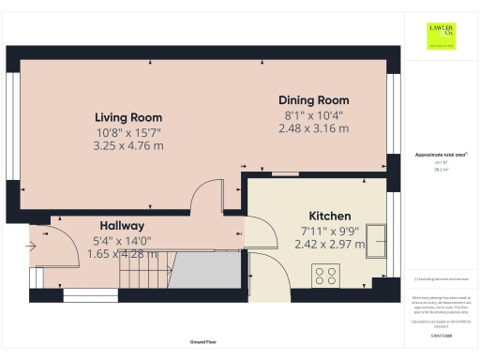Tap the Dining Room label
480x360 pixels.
(313, 100)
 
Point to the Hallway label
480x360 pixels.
(122, 226)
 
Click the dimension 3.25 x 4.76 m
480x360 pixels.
(129, 146)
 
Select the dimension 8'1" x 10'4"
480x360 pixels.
(313, 114)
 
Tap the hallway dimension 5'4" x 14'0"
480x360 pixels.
(122, 240)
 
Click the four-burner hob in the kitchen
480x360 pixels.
(324, 275)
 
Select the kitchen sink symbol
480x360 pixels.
(377, 239)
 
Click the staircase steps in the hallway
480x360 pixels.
(143, 275)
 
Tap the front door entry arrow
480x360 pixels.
(34, 247)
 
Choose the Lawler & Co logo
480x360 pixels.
(441, 35)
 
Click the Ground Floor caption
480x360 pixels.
(198, 343)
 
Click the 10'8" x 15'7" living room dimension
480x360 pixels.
(129, 132)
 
